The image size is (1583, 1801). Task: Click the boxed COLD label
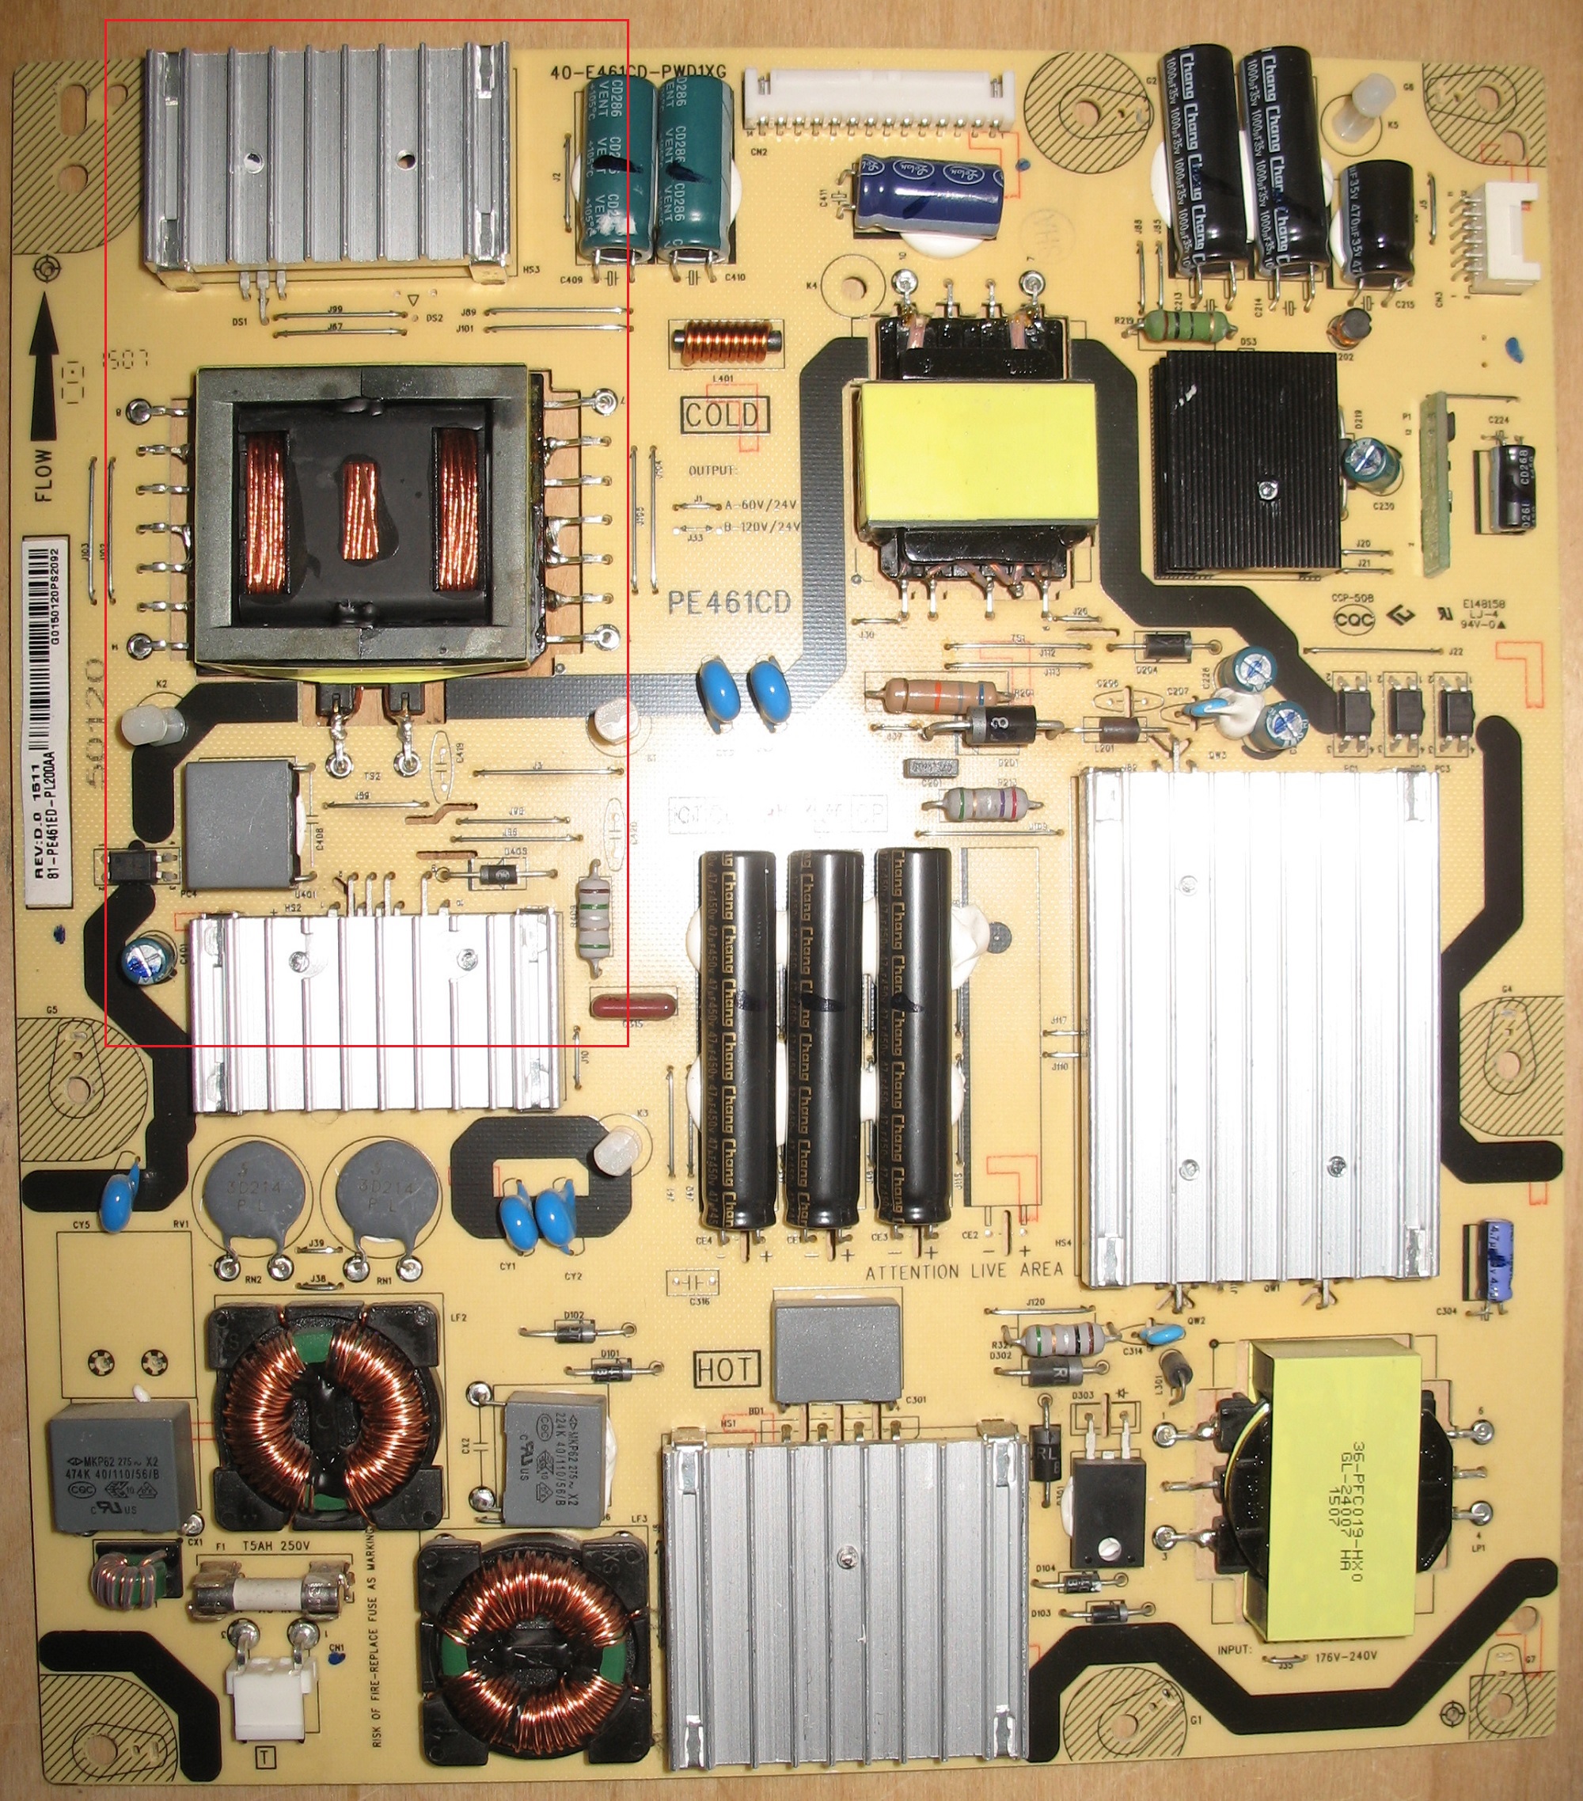pyautogui.click(x=724, y=415)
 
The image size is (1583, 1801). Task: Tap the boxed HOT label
pyautogui.click(x=725, y=1369)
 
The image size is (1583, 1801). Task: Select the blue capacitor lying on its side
pyautogui.click(x=931, y=195)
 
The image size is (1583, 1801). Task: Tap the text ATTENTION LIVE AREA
pyautogui.click(x=964, y=1271)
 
